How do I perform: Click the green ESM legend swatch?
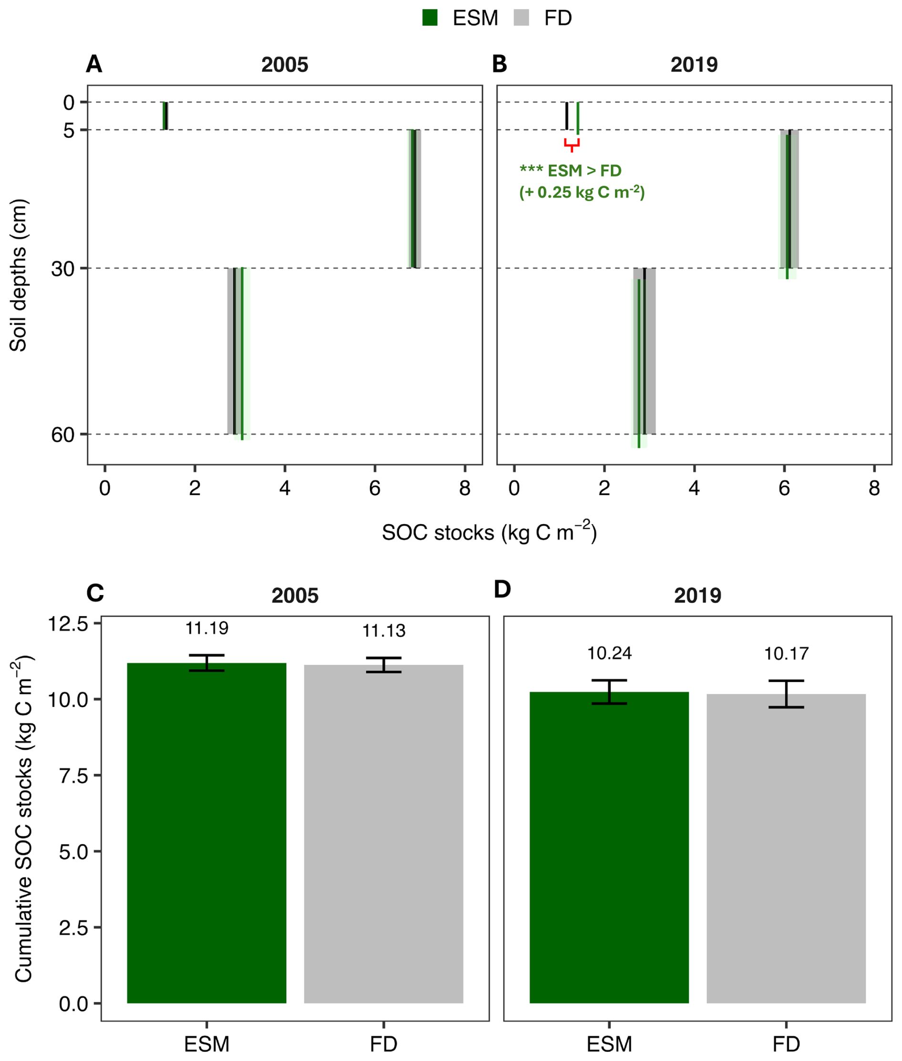point(430,18)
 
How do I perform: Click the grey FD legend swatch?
point(521,18)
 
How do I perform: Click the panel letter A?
point(94,64)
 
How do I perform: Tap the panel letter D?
point(502,589)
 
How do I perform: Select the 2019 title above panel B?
point(694,65)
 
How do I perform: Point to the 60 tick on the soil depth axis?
point(63,434)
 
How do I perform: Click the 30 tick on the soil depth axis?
point(63,268)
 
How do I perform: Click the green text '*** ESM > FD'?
point(570,170)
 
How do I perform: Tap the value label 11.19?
point(206,628)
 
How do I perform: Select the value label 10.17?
point(786,653)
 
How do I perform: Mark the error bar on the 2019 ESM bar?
point(609,692)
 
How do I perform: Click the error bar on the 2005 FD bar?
point(383,665)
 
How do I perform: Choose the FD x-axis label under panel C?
point(383,1044)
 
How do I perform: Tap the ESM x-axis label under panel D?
point(609,1044)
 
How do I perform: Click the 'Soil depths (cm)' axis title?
point(19,275)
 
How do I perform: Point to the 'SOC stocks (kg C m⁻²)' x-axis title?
point(489,532)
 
